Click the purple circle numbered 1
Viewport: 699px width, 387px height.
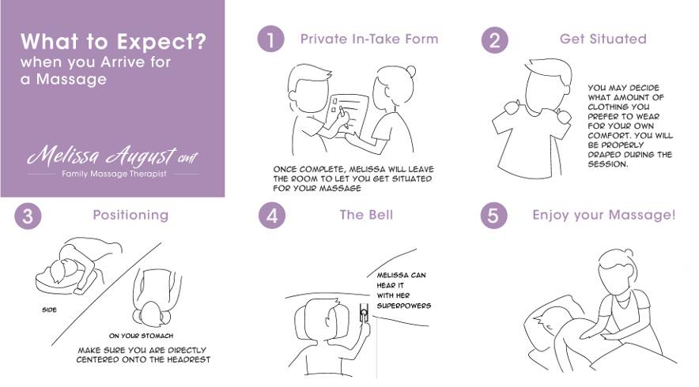(270, 39)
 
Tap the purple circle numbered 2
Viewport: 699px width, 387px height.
(494, 40)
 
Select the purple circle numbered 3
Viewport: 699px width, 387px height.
(28, 216)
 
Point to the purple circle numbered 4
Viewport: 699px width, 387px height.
(272, 216)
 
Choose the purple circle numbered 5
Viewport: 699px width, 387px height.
(493, 216)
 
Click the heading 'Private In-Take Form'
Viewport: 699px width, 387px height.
(369, 39)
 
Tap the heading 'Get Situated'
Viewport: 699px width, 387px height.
(603, 39)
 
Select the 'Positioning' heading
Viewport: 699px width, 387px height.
(130, 215)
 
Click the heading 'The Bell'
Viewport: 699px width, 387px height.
(366, 215)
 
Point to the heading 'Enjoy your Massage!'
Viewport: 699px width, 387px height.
(604, 216)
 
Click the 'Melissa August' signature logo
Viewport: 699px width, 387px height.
(112, 156)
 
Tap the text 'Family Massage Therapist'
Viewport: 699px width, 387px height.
(114, 174)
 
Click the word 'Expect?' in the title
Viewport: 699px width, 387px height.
(161, 41)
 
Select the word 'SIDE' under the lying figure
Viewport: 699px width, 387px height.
(49, 310)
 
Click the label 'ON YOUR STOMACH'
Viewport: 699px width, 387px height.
(141, 336)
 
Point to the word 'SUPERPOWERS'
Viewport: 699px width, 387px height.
(404, 306)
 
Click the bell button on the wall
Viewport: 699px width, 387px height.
(365, 314)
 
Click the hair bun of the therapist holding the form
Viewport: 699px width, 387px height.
(410, 72)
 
